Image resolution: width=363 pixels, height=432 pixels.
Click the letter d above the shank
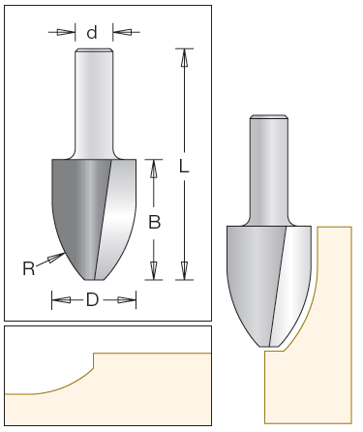(92, 33)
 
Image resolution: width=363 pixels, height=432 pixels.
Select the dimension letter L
(184, 167)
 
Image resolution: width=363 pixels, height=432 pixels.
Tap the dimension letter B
(155, 222)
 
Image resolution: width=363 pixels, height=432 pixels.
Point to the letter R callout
(28, 268)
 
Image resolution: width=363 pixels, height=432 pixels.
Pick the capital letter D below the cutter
(92, 300)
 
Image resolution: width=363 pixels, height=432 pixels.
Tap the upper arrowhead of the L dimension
(184, 58)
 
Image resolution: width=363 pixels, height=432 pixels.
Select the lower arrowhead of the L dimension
(184, 270)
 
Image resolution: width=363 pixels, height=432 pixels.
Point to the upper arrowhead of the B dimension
(154, 169)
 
